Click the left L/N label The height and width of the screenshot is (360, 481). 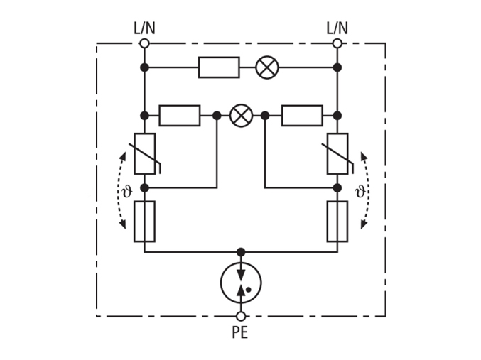click(144, 28)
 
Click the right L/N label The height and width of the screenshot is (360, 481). click(337, 28)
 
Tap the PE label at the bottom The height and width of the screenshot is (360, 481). click(240, 332)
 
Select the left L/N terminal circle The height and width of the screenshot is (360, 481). click(144, 43)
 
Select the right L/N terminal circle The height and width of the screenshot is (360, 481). click(337, 43)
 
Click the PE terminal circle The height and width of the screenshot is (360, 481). click(241, 316)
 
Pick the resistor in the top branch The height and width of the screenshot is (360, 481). click(219, 67)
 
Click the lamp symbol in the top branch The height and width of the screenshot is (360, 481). click(267, 67)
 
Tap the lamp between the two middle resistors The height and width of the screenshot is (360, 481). click(241, 116)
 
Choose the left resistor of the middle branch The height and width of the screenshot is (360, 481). click(180, 116)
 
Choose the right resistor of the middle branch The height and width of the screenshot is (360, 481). click(302, 116)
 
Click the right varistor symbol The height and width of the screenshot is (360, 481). click(337, 153)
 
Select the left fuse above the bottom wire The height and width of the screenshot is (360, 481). click(144, 222)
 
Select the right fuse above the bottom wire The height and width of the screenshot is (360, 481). click(337, 222)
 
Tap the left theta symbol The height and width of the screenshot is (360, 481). click(127, 191)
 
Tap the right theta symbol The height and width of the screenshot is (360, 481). click(360, 191)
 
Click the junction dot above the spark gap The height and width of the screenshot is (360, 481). click(241, 252)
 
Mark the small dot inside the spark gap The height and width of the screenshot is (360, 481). click(249, 289)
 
